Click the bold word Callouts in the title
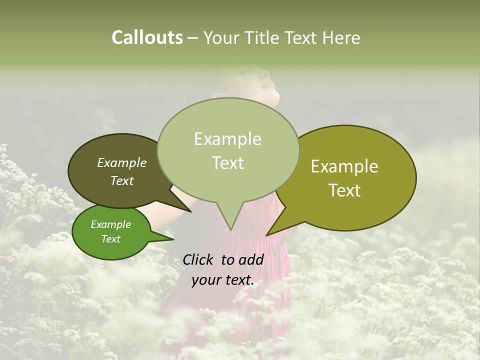click(147, 38)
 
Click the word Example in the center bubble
click(227, 139)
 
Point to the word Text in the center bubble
click(227, 163)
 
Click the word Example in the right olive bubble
click(344, 166)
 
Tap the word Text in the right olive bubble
click(344, 190)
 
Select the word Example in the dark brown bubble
click(121, 163)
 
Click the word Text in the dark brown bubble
click(121, 181)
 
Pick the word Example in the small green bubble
click(110, 224)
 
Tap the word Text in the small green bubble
click(110, 239)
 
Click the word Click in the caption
click(198, 259)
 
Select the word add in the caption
click(251, 259)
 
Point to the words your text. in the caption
click(222, 280)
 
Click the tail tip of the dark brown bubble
click(190, 211)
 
